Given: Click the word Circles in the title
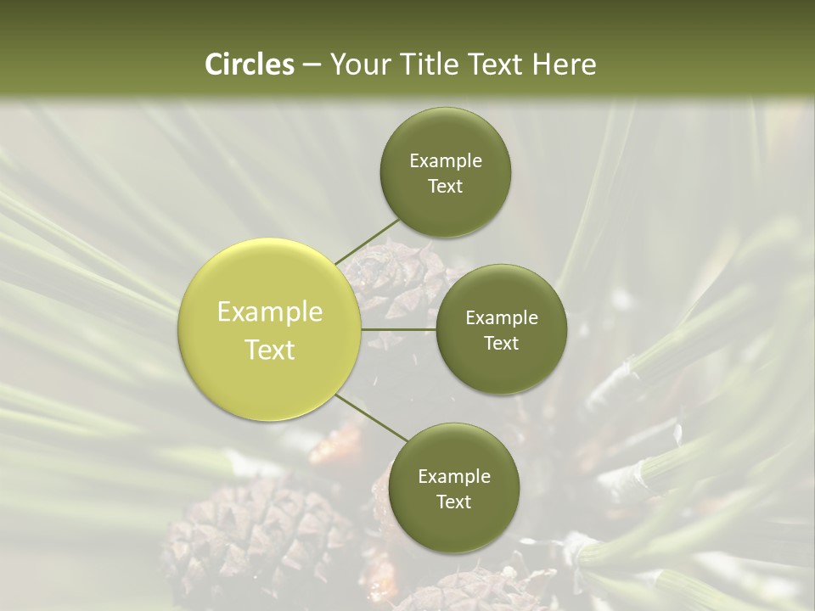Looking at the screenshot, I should point(250,64).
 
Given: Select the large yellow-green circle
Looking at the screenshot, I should point(269,329).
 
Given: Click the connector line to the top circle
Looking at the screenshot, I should point(367,240).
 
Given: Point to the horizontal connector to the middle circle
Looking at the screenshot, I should point(399,329).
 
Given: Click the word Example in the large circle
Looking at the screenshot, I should point(270,311).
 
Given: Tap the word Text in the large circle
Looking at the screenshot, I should point(270,350).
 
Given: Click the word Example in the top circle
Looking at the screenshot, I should point(446,160).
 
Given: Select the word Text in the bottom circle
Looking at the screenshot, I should point(453,502).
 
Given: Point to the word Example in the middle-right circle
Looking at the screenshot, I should point(502,317).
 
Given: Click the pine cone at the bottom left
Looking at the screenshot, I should point(246,535).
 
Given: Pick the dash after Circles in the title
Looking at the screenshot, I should point(311,64).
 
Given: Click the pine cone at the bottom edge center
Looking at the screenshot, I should point(475,590).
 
